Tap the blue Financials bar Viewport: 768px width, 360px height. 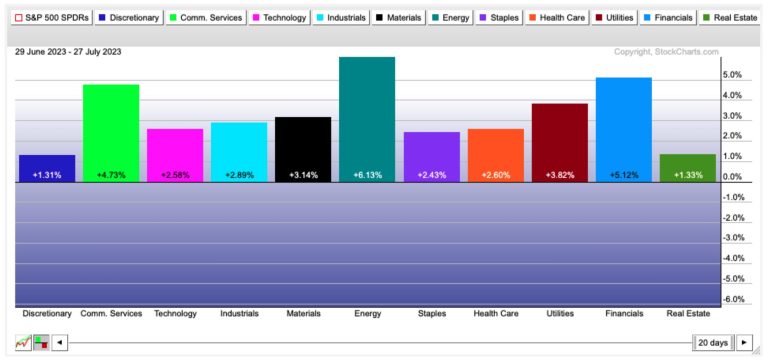(624, 129)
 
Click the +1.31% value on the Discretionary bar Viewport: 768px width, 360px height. (47, 175)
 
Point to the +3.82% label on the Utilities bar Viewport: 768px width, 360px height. (560, 175)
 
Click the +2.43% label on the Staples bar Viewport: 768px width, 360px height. (432, 175)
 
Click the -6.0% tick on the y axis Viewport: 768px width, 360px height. (733, 299)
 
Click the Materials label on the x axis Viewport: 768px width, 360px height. (303, 314)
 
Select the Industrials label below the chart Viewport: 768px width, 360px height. (239, 314)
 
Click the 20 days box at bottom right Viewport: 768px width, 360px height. (712, 343)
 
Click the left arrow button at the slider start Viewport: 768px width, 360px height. (59, 343)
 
